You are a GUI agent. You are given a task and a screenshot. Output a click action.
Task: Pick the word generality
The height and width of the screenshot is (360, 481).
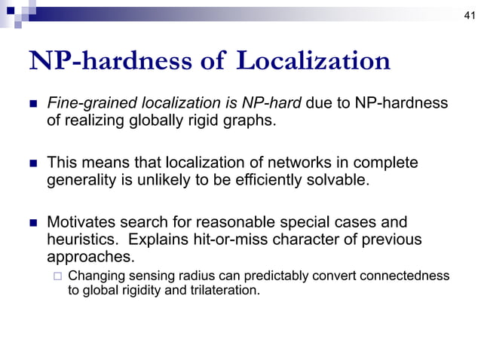click(81, 181)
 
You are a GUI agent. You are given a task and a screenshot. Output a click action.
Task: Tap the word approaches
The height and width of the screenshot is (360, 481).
click(87, 257)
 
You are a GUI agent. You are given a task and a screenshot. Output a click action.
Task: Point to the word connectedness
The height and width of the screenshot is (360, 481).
click(407, 276)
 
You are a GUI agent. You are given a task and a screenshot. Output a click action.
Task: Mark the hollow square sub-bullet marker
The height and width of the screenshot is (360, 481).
click(57, 276)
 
